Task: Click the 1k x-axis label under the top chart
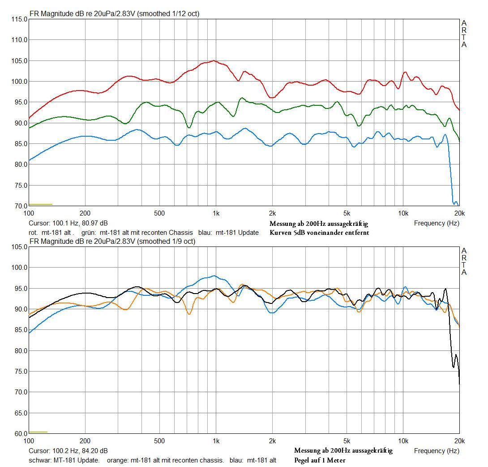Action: tap(216, 213)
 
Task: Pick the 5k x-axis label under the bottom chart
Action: tap(346, 441)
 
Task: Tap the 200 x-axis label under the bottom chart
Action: tap(85, 441)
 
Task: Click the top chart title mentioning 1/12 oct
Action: tap(114, 14)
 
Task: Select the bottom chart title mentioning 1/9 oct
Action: tap(112, 242)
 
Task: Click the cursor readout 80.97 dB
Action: tap(68, 223)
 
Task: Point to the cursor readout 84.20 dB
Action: tap(68, 451)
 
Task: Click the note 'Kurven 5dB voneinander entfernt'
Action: tap(319, 233)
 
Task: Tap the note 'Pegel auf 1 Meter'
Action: tap(320, 460)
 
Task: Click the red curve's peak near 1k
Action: tap(214, 61)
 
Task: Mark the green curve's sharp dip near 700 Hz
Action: tap(189, 128)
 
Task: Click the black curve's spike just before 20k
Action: tap(445, 289)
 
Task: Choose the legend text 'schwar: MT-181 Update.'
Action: tap(64, 460)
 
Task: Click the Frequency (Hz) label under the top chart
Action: tap(437, 223)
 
